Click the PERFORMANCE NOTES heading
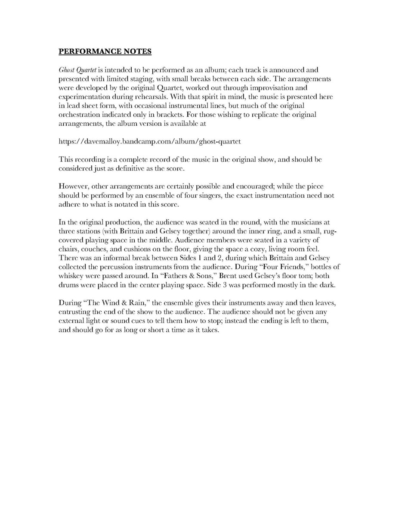(105, 52)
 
